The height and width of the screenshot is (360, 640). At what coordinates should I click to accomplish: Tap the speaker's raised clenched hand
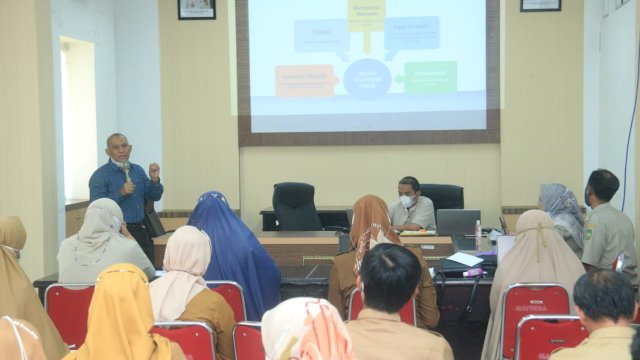pyautogui.click(x=154, y=169)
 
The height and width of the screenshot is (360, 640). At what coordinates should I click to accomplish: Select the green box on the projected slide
pyautogui.click(x=431, y=77)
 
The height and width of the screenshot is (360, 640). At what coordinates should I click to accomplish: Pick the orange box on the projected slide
pyautogui.click(x=304, y=80)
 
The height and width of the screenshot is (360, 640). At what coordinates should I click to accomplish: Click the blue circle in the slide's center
pyautogui.click(x=367, y=78)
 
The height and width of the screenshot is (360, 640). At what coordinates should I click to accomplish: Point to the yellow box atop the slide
pyautogui.click(x=366, y=14)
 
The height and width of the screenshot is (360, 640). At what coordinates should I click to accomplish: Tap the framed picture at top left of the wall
pyautogui.click(x=196, y=8)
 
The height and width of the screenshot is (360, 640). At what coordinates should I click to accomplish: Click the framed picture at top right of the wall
pyautogui.click(x=540, y=5)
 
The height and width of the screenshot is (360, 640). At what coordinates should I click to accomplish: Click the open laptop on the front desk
pyautogui.click(x=457, y=222)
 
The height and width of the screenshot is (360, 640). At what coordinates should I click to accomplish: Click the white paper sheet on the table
pyautogui.click(x=465, y=259)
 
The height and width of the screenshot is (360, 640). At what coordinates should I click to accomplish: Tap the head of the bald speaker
pyautogui.click(x=118, y=145)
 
